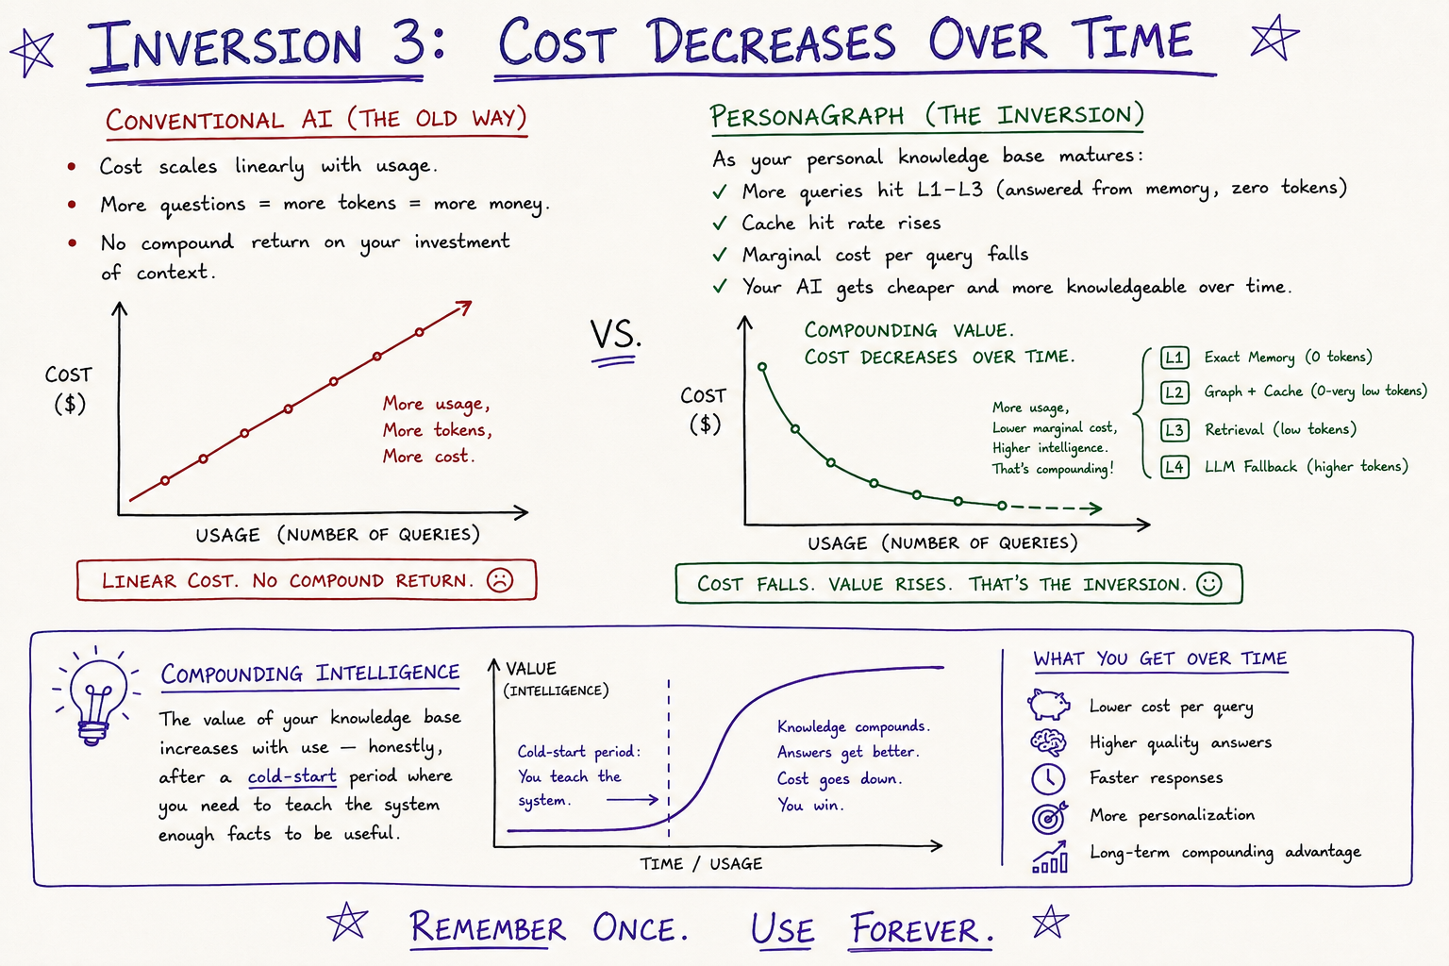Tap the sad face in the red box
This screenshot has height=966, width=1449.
(x=500, y=580)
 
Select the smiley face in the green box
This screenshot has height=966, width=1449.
(x=1209, y=584)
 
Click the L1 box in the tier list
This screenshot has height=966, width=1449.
(x=1174, y=358)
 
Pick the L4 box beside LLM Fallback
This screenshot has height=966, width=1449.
(x=1174, y=467)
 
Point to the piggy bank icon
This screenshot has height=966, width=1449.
(x=1049, y=705)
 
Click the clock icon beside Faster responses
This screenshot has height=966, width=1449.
(x=1048, y=778)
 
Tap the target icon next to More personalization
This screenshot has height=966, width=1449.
(x=1049, y=817)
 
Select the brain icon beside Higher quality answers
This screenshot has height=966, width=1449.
(x=1048, y=742)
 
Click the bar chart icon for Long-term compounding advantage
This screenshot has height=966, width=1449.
(x=1050, y=857)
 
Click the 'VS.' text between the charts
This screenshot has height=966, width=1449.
(x=615, y=335)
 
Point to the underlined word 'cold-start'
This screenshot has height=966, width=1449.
(x=292, y=775)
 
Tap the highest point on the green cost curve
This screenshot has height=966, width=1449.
(x=762, y=367)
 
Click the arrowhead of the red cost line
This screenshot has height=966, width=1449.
(x=463, y=307)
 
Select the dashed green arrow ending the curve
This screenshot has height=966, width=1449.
(x=1056, y=508)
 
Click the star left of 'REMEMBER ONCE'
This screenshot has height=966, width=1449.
(x=347, y=922)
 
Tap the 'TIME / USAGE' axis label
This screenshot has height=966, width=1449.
(x=701, y=864)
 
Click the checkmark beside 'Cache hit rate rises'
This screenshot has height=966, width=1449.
(x=720, y=224)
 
